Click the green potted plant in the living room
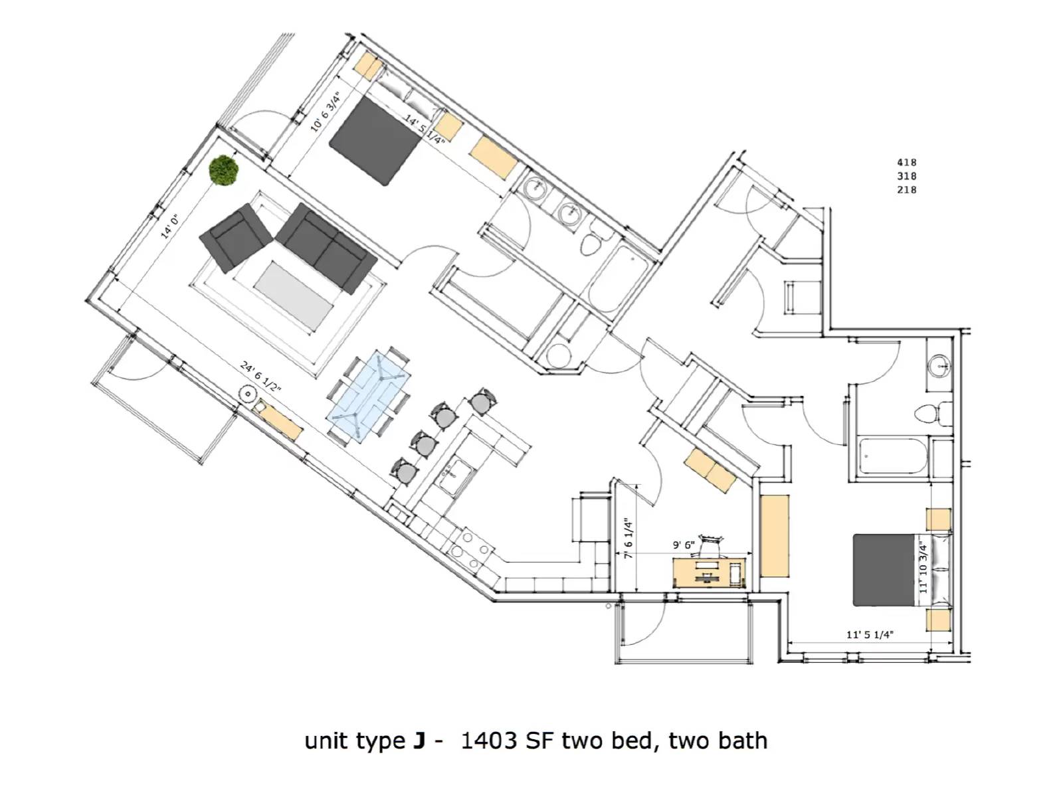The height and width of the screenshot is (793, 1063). [x=223, y=170]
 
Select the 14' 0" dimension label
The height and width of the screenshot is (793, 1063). [x=169, y=226]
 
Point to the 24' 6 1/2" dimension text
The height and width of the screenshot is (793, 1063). [x=260, y=376]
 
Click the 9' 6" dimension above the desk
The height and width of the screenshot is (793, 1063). [x=684, y=545]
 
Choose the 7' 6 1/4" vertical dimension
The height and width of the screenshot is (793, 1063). [x=628, y=539]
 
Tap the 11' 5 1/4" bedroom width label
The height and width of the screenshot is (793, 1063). [x=869, y=634]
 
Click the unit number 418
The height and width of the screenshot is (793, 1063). [x=907, y=163]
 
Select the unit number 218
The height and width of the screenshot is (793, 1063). [x=907, y=190]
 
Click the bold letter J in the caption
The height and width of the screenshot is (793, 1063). [x=419, y=741]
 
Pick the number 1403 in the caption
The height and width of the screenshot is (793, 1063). [x=488, y=741]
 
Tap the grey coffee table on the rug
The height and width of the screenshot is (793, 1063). [x=294, y=296]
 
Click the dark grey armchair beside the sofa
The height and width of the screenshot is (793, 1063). [x=235, y=238]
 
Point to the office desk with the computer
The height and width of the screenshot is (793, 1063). [x=710, y=573]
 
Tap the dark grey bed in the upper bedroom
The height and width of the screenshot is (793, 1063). [x=375, y=141]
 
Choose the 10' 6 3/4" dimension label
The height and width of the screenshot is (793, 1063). [x=326, y=111]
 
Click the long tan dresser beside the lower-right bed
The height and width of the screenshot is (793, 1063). [x=775, y=535]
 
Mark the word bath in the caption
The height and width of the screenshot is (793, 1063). [x=742, y=741]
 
